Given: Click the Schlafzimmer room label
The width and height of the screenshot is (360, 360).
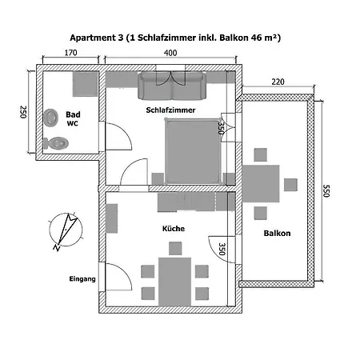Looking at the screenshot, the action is pos(170,110).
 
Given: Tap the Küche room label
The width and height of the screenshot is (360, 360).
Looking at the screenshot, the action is pos(174,229).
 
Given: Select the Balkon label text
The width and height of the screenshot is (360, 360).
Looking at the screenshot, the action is pos(277,233).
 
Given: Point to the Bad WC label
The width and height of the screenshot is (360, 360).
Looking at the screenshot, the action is pos(73,118).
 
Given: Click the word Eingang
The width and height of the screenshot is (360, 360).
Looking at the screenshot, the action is pos(82,279).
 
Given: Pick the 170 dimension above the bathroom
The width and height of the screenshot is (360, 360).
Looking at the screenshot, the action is pos(70,53).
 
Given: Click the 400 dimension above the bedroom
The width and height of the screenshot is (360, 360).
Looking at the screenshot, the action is pos(170,53).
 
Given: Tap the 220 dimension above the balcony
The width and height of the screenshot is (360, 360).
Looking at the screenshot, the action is pos(278,82).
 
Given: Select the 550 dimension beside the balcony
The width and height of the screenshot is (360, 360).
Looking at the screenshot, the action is pos(326,190).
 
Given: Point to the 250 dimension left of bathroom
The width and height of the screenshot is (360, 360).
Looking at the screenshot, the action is pos(23,112).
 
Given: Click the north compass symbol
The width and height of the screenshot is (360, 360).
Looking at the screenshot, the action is pos(66,230).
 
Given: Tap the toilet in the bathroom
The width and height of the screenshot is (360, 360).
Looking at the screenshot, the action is pos(56,143).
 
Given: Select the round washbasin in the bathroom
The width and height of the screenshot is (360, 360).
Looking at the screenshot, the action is pos(51,118).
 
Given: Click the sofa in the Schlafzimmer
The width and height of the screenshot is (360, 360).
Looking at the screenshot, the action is pos(172,86).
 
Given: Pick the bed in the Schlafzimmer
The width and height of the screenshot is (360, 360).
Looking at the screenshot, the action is pos(193,151).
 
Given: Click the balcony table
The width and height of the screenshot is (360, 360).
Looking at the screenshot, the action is pos(261,183).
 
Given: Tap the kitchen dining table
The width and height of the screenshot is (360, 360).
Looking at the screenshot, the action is pos(174,282).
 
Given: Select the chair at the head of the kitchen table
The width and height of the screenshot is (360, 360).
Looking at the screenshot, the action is pos(175,248).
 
